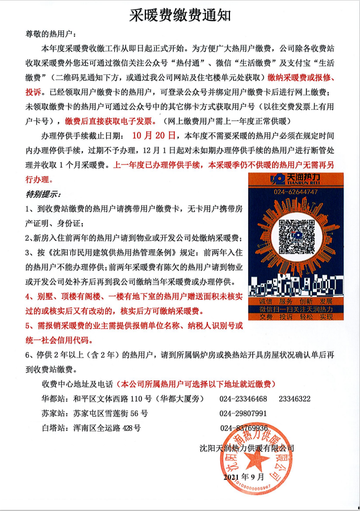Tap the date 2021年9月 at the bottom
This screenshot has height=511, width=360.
pyautogui.click(x=245, y=478)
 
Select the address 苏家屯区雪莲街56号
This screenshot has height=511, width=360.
pyautogui.click(x=109, y=413)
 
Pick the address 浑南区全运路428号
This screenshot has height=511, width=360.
pyautogui.click(x=106, y=428)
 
